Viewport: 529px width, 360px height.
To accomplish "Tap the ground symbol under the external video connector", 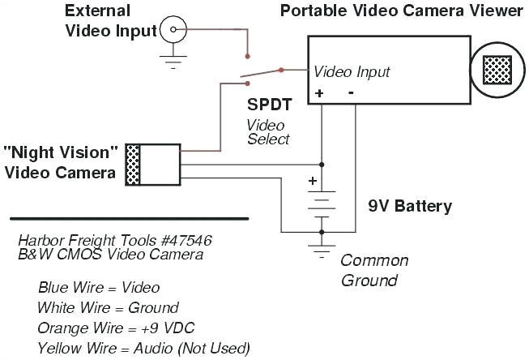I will [x=173, y=59].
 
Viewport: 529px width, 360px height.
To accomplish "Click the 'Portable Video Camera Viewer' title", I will [x=401, y=11].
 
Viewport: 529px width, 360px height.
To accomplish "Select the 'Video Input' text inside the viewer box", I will [x=352, y=72].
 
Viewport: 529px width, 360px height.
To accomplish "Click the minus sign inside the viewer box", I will [x=351, y=92].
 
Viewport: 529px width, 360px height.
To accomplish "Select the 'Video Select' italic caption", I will [x=267, y=132].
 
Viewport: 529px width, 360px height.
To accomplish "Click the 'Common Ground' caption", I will [x=374, y=270].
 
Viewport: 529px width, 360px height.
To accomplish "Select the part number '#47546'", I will [x=176, y=241].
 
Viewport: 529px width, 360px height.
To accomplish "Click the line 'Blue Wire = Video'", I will [x=98, y=288].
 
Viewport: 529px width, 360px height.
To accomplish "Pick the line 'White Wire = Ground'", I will [x=108, y=308].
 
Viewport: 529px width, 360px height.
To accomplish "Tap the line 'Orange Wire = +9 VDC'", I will [x=116, y=328].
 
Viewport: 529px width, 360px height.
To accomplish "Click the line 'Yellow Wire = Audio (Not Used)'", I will [x=143, y=348].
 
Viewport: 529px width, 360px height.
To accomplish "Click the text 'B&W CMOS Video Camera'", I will [x=110, y=255].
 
